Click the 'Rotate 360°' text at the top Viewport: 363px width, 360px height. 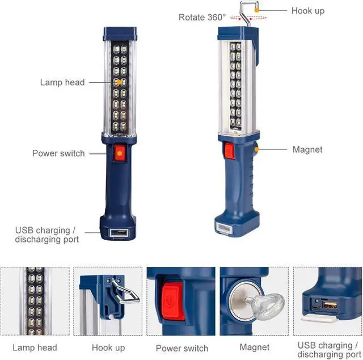click(x=202, y=17)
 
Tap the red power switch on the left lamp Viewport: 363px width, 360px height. click(x=119, y=153)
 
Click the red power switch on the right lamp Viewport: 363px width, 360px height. click(x=229, y=151)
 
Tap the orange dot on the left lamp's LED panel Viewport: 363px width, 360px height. click(x=118, y=82)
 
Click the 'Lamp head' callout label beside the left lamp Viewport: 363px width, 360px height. click(x=62, y=82)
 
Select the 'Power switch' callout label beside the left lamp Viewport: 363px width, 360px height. click(x=58, y=153)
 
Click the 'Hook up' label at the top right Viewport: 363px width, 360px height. click(x=308, y=11)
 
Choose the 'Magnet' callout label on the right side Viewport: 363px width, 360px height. click(x=307, y=150)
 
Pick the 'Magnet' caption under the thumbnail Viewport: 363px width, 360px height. click(x=254, y=347)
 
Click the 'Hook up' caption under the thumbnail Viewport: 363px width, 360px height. click(x=108, y=347)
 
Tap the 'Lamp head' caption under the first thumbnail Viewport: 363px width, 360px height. click(x=35, y=347)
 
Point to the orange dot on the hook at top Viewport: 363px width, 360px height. click(x=257, y=10)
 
